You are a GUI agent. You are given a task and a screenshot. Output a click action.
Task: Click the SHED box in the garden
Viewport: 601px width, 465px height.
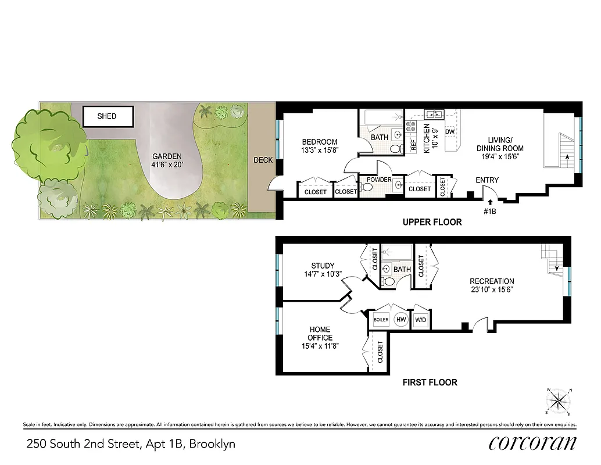point(108,116)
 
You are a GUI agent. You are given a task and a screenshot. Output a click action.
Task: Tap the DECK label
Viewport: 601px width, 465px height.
point(263,160)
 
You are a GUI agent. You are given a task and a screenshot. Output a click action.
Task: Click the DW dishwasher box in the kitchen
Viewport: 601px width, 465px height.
point(449,133)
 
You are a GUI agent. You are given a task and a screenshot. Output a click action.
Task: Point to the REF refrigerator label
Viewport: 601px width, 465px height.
point(414,145)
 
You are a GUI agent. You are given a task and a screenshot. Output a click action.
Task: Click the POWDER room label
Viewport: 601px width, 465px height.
point(379,180)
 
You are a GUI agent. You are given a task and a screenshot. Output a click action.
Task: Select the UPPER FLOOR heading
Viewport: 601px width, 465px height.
point(432,222)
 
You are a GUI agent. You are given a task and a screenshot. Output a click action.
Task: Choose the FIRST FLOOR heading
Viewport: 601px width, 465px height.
point(430,382)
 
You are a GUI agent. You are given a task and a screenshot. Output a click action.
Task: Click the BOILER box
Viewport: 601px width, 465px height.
point(381,320)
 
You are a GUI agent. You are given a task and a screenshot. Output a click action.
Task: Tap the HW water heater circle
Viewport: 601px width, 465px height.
point(400,320)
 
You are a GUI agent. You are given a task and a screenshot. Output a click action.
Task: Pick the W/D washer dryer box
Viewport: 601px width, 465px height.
point(420,320)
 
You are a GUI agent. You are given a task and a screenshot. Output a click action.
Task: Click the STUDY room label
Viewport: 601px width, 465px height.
point(323,266)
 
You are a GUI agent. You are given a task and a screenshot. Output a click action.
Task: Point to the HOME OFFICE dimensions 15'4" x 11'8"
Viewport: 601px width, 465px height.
point(320,346)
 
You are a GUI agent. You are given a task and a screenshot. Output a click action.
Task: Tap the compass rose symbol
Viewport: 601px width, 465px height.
point(560,402)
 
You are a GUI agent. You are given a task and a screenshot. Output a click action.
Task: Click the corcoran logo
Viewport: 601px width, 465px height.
point(532,443)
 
